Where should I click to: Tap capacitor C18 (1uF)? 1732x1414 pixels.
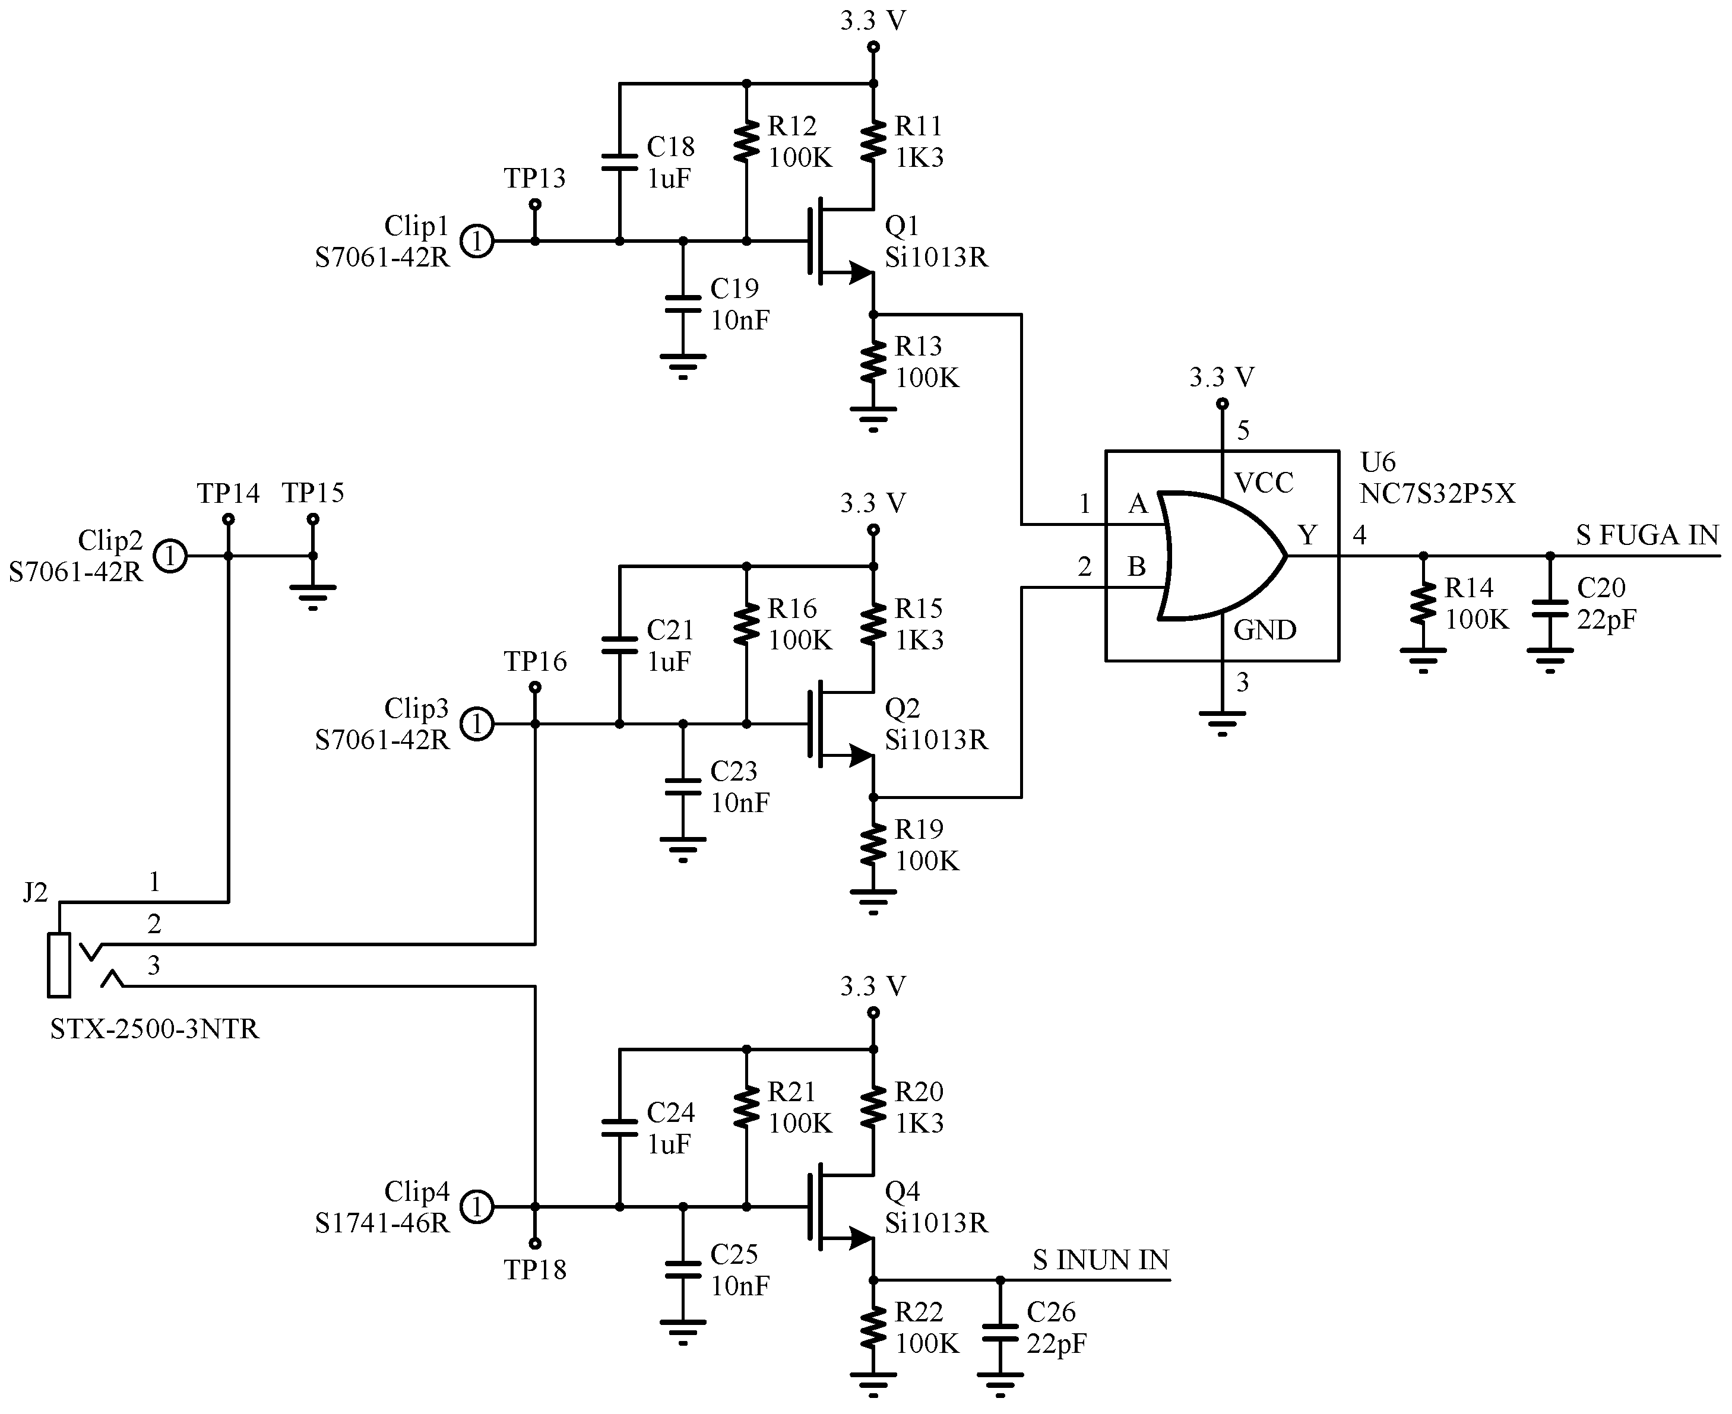(619, 162)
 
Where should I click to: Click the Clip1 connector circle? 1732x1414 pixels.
(477, 241)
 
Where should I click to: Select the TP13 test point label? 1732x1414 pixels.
(534, 178)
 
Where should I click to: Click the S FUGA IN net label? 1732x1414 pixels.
(1646, 535)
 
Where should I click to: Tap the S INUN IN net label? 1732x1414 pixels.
(1100, 1260)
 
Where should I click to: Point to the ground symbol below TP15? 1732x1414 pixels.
(313, 596)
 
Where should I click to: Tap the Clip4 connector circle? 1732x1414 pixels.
(477, 1207)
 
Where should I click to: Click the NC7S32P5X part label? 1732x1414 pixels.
(1437, 494)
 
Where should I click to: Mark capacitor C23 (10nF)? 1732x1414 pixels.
(683, 788)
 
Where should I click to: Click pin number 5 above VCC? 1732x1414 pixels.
(1242, 430)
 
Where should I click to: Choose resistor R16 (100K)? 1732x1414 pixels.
(746, 624)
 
